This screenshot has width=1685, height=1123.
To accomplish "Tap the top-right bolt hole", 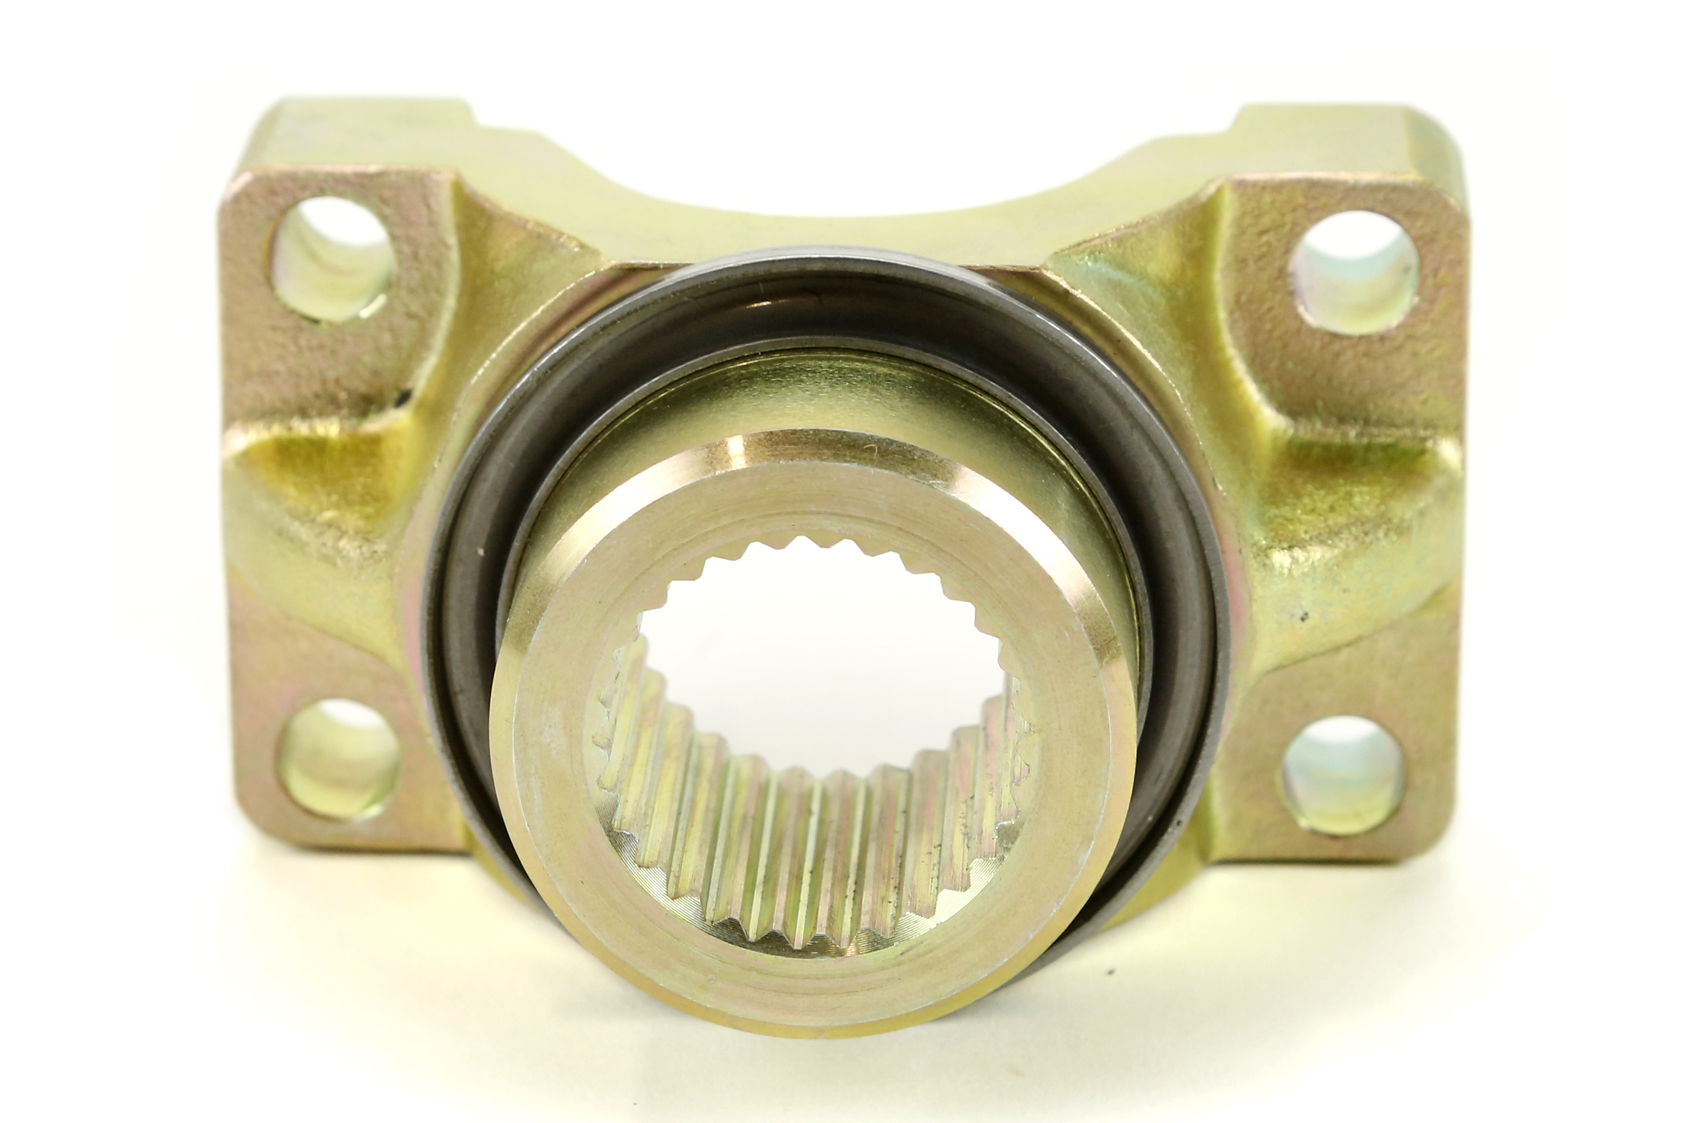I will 1352,272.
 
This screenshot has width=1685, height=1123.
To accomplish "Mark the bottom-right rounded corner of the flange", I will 1433,845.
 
